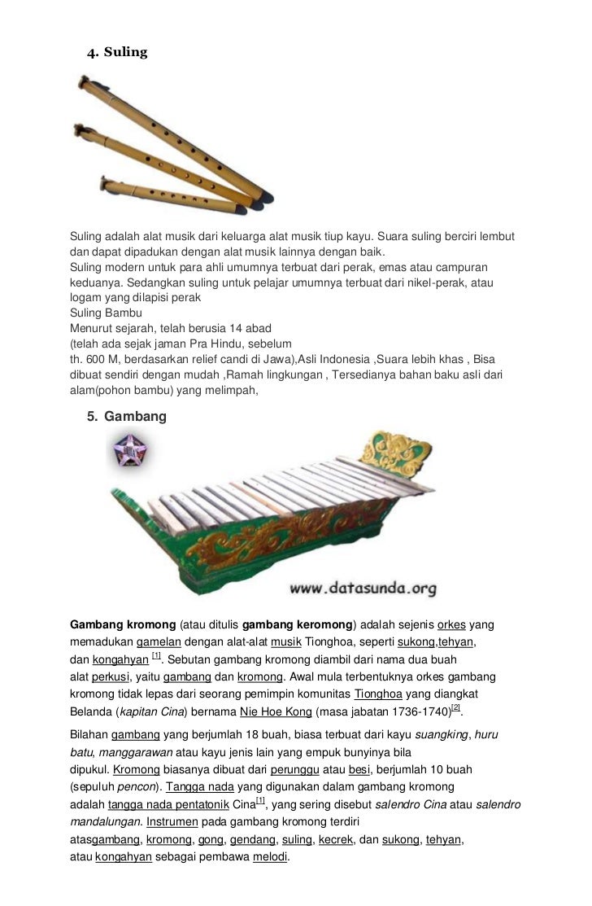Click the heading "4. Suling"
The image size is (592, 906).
[x=117, y=53]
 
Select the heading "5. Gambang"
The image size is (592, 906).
[x=126, y=417]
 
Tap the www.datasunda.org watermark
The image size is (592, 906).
[x=362, y=587]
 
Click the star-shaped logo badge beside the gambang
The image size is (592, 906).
[x=131, y=451]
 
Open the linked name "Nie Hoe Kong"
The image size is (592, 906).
[x=276, y=711]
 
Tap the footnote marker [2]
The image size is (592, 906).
[x=455, y=707]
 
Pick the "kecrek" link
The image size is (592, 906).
[x=337, y=839]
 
